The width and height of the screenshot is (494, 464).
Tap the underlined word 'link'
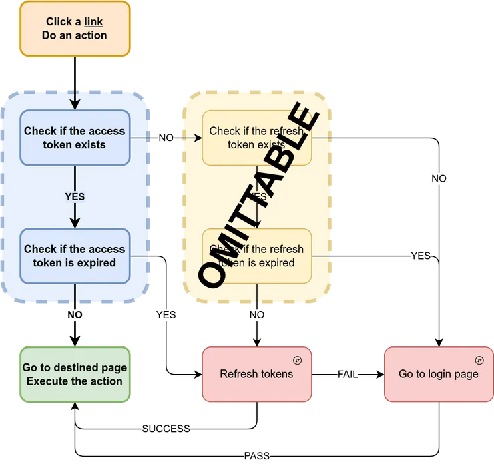(x=93, y=22)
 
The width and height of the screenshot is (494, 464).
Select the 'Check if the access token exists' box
(x=74, y=138)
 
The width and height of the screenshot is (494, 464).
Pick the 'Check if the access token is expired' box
(x=74, y=256)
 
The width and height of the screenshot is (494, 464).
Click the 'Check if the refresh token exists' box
(x=257, y=138)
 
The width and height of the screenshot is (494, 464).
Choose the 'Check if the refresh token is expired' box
(x=257, y=256)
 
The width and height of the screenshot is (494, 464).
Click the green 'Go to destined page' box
(x=74, y=374)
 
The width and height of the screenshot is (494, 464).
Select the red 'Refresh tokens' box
(x=257, y=374)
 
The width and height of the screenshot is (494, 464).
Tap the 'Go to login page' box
(x=438, y=374)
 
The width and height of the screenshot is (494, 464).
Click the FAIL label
(x=347, y=374)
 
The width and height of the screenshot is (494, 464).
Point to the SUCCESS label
(x=166, y=429)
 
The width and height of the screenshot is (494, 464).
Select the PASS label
(x=256, y=456)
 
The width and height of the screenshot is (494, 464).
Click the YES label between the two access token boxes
(x=75, y=197)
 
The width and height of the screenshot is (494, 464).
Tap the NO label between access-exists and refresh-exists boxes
(x=165, y=138)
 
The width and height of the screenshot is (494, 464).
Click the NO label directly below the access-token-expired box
(x=75, y=314)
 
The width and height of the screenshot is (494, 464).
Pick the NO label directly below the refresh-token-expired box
(x=257, y=314)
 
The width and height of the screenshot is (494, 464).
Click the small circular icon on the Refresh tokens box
(x=298, y=360)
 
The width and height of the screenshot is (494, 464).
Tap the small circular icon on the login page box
(x=479, y=360)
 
